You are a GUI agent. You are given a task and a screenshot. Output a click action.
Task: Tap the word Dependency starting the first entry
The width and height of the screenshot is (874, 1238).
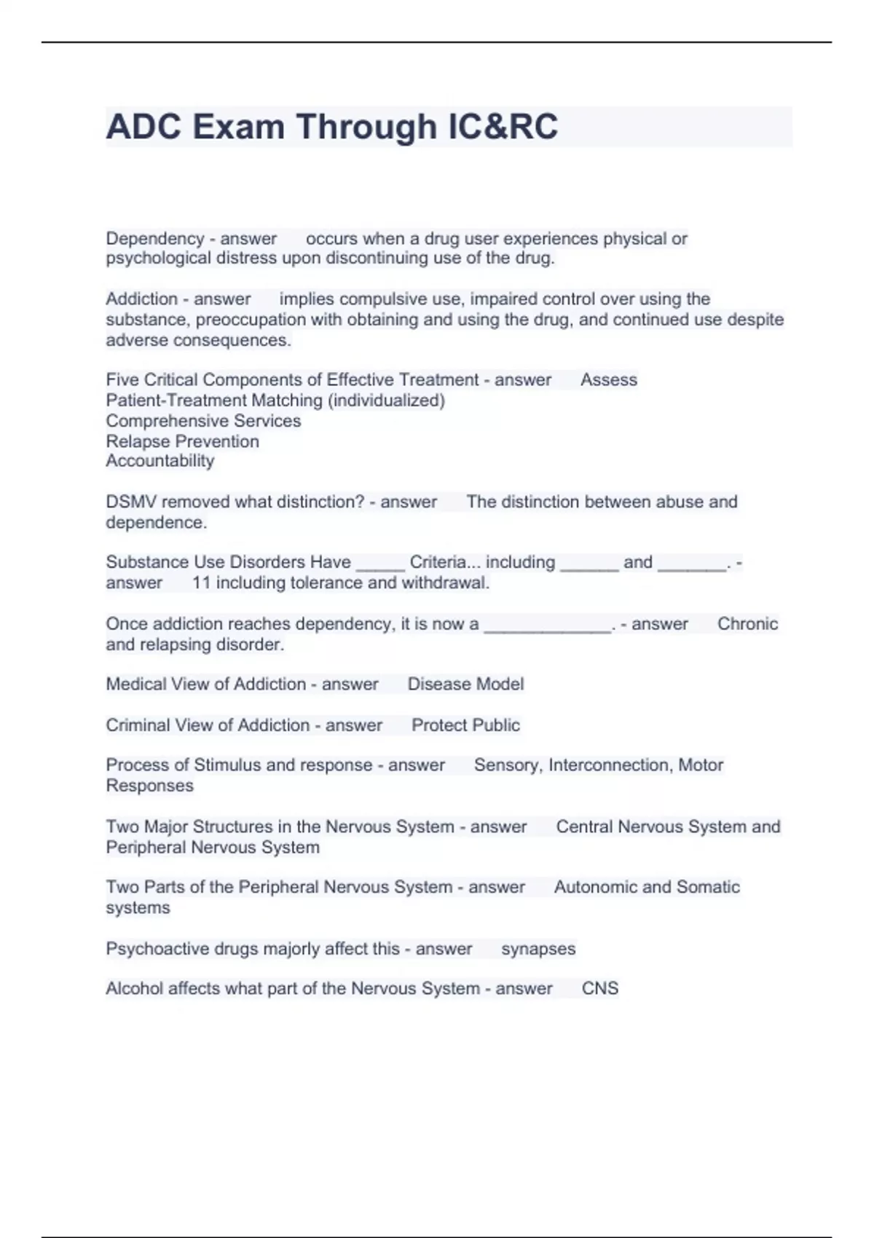point(154,239)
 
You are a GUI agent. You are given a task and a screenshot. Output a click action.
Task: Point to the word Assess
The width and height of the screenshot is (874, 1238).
point(608,380)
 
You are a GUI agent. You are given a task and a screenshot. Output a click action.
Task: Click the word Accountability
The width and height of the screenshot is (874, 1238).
point(160,461)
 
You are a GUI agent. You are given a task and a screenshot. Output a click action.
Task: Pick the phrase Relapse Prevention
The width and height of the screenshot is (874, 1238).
point(182,441)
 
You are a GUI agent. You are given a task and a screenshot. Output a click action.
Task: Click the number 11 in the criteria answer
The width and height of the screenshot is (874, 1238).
point(201,583)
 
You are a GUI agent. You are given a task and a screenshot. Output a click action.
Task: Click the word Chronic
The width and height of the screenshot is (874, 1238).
point(747,624)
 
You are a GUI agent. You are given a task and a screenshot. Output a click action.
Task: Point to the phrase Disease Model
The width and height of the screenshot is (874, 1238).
point(465,685)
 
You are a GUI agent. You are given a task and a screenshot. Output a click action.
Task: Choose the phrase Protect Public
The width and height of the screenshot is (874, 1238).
point(465,725)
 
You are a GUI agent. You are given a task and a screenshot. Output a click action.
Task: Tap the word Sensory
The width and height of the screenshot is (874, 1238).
point(507,765)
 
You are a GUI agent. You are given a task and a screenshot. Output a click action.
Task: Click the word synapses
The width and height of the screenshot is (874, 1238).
point(538,949)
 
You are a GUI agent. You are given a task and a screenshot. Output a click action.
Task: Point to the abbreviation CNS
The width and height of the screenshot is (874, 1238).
point(599,989)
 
